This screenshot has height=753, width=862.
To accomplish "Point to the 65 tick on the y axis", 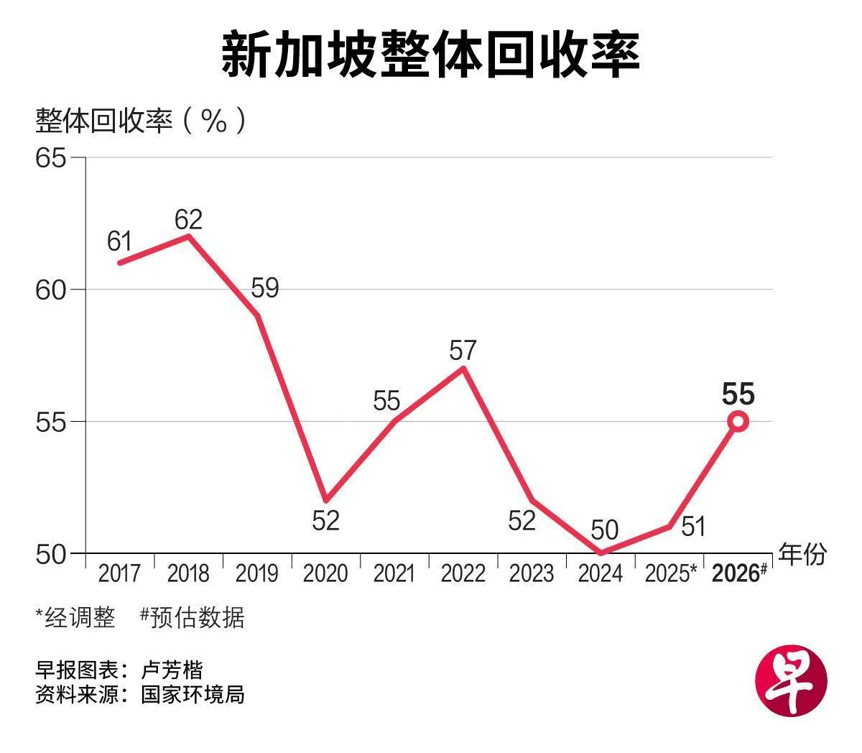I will coord(50,157).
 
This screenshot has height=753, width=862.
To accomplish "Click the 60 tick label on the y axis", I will coord(50,290).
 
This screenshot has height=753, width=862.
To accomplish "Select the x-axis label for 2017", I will coord(119,573).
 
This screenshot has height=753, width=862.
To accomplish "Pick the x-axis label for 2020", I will coord(325,573).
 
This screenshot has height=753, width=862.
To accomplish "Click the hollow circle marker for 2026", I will coord(738,422).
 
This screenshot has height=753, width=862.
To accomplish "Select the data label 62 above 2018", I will coord(188,218).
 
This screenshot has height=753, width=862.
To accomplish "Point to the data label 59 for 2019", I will coord(264,289).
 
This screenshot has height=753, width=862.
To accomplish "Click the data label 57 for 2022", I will coord(463,351).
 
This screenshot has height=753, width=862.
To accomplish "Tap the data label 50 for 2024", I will coord(604,530).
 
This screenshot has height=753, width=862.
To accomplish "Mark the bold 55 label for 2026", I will coord(738,394).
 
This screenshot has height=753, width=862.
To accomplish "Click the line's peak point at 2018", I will coord(188,236).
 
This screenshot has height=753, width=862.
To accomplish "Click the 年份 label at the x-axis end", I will coord(803,554).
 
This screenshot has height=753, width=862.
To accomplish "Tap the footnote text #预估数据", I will coord(193,617).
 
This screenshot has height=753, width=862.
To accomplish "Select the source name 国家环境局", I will coord(193,695).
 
